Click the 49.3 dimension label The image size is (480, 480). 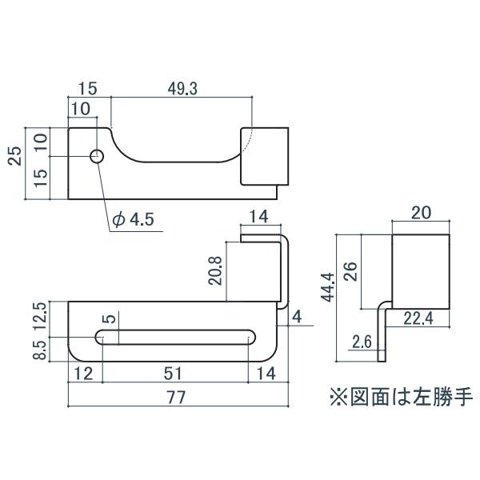coord(182,89)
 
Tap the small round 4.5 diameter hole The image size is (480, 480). coord(97,157)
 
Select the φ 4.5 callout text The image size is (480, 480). coord(133,219)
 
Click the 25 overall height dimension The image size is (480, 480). coord(15,156)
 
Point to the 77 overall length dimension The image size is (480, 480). coord(177,398)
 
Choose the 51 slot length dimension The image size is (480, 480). coord(173,374)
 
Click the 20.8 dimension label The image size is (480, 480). coord(215,271)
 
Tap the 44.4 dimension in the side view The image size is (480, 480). coord(329,288)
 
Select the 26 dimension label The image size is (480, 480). coord(350,271)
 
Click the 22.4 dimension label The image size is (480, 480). coord(418,318)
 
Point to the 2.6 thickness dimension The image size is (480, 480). coord(362,342)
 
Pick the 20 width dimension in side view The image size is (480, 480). coord(422,213)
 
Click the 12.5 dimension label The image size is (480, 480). coord(40,316)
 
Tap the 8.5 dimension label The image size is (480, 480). coord(40,350)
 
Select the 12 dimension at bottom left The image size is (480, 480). coord(83,374)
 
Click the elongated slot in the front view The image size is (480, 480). coord(175,338)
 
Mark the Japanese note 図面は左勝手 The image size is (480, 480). coord(412,398)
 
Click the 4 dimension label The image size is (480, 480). coord(297,317)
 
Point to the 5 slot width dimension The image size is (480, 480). coord(110,318)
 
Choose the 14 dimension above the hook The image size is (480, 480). coord(259,217)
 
